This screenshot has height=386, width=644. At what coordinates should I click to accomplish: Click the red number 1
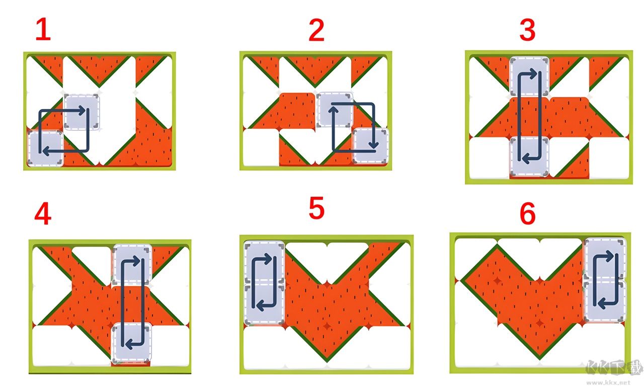tap(43, 29)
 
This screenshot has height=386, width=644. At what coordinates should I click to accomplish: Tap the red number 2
tap(316, 30)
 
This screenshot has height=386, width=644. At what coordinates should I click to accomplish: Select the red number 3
tap(527, 30)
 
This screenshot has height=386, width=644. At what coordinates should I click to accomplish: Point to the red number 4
tap(43, 214)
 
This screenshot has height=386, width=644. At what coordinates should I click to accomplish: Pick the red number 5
tap(316, 208)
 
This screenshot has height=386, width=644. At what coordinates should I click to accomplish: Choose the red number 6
tap(528, 213)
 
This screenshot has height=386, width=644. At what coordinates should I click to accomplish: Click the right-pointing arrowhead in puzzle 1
tap(82, 110)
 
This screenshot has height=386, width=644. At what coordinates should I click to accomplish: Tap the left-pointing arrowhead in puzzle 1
tap(46, 150)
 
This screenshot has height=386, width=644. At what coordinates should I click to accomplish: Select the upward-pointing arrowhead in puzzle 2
tap(333, 111)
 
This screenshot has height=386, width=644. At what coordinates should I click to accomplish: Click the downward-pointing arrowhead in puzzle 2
tap(373, 144)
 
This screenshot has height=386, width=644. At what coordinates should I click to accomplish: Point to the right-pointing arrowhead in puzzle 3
tap(533, 73)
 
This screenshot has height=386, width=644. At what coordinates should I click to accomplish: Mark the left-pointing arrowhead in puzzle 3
tap(526, 158)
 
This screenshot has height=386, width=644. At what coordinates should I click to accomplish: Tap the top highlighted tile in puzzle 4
tap(132, 263)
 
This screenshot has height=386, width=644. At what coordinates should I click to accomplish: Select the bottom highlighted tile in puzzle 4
tap(132, 342)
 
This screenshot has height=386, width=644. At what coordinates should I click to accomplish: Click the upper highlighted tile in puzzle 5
tap(264, 262)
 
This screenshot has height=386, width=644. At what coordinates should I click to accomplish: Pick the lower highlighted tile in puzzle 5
tap(264, 304)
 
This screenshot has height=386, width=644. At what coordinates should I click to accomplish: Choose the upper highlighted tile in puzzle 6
tap(605, 258)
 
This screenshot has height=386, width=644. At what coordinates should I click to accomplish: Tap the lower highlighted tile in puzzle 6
tap(605, 300)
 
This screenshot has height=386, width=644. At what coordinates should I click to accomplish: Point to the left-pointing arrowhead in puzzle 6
tap(602, 306)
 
